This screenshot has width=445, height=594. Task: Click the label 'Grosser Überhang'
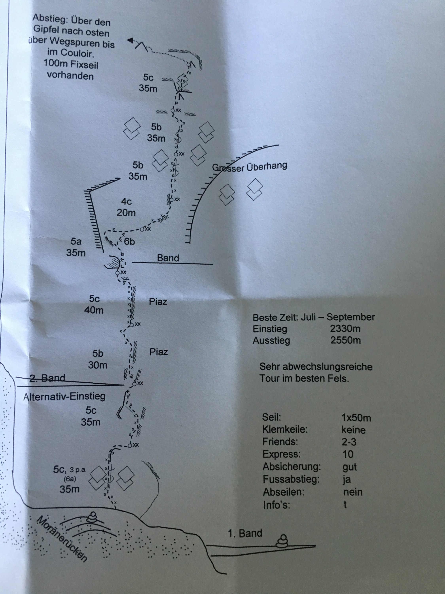pyautogui.click(x=249, y=167)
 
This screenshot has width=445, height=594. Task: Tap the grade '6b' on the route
pyautogui.click(x=129, y=242)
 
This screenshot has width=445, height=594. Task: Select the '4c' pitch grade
pyautogui.click(x=126, y=201)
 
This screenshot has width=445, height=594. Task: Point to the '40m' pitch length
pyautogui.click(x=94, y=310)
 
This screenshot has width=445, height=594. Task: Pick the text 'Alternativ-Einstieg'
pyautogui.click(x=64, y=397)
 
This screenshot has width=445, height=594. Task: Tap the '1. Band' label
pyautogui.click(x=245, y=533)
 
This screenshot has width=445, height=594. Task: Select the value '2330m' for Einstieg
pyautogui.click(x=345, y=328)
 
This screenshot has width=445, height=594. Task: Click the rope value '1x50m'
pyautogui.click(x=356, y=418)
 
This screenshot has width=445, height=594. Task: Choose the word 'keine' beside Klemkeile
pyautogui.click(x=353, y=430)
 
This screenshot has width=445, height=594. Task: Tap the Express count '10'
pyautogui.click(x=348, y=454)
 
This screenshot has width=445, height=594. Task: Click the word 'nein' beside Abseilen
pyautogui.click(x=353, y=492)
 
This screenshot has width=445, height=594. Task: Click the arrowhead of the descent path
pyautogui.click(x=130, y=40)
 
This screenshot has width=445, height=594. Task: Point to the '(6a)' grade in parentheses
pyautogui.click(x=70, y=479)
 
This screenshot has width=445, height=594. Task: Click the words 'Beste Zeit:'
pyautogui.click(x=275, y=317)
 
